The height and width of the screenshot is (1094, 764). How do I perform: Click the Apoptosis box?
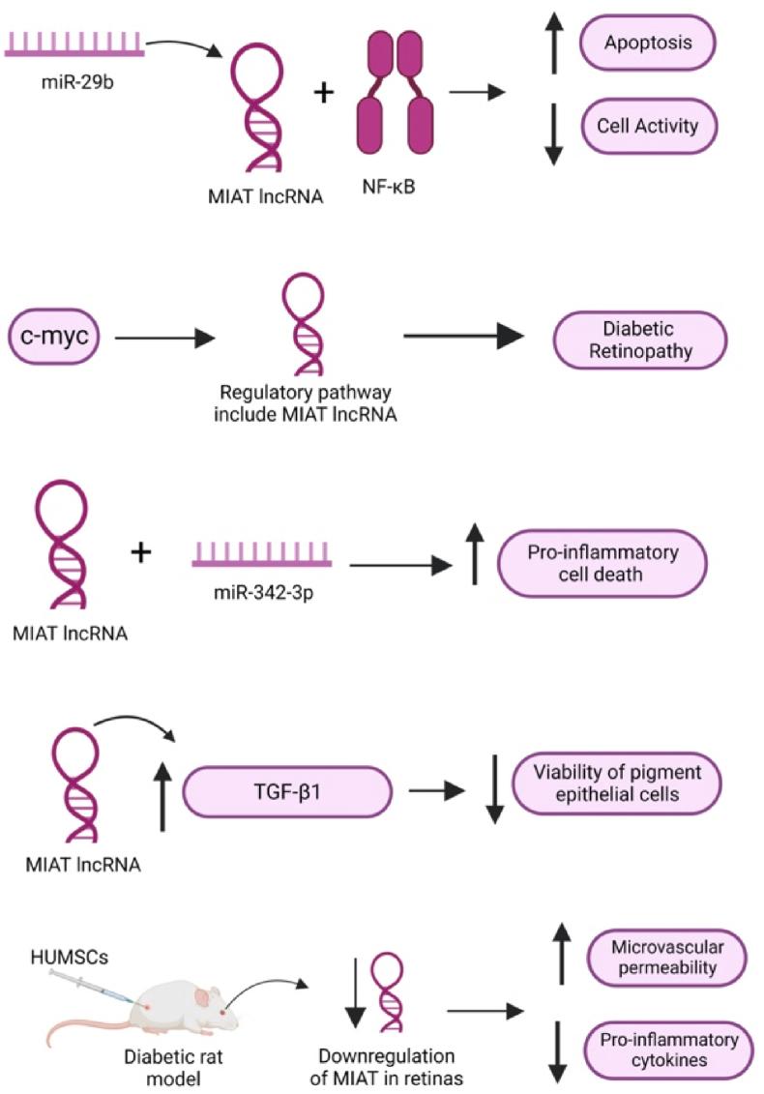648,44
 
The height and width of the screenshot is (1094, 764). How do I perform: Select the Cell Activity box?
648,126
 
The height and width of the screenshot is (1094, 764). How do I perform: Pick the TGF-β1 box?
286,790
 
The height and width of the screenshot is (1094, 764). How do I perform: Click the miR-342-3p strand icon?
262,553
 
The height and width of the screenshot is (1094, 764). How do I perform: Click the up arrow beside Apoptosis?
553,45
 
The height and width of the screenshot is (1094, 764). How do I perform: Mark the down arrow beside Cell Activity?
553,133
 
